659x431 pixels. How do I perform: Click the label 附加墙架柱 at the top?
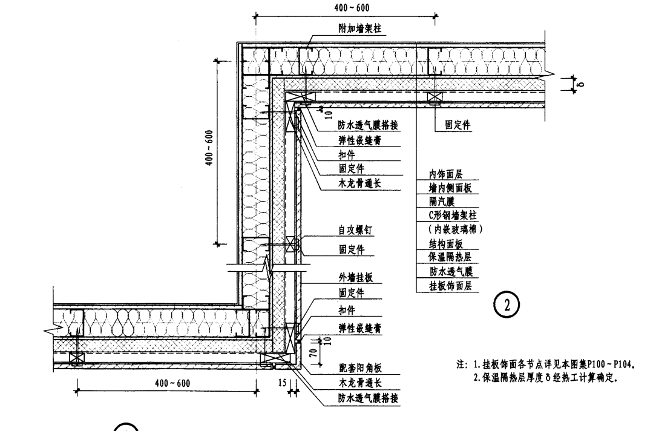pos(360,28)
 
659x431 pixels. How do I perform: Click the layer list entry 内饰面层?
pos(445,174)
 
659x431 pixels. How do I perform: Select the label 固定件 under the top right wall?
pos(458,125)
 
